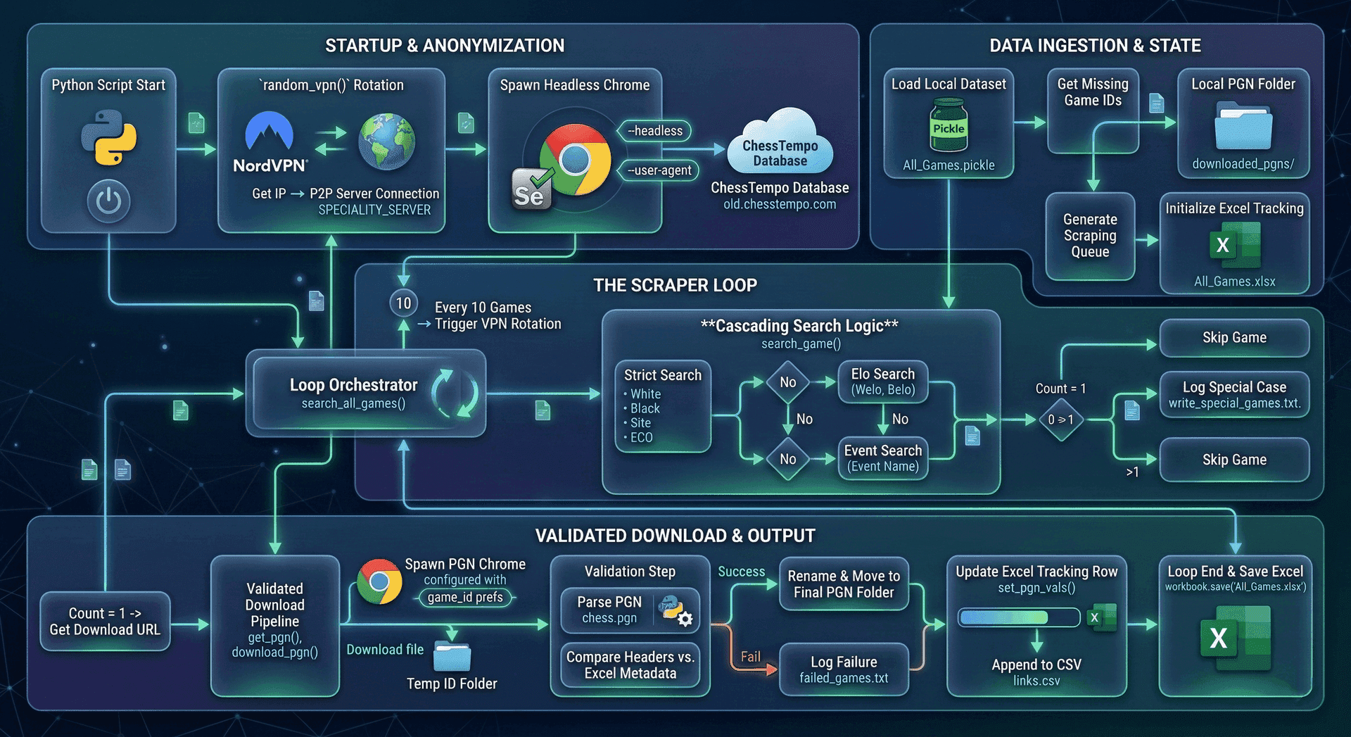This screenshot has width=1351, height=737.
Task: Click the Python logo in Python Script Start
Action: tap(108, 137)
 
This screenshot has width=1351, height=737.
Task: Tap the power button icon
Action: tap(108, 201)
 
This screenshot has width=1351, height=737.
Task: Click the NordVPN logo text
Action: tap(270, 165)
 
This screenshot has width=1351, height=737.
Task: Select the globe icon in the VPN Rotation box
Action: tap(386, 141)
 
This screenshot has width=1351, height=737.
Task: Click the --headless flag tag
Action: tap(654, 131)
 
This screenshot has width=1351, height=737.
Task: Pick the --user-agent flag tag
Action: tap(659, 170)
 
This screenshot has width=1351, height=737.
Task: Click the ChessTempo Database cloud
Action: tap(780, 144)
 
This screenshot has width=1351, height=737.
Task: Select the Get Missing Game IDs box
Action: tap(1092, 109)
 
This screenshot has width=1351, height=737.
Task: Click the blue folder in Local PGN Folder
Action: tap(1243, 127)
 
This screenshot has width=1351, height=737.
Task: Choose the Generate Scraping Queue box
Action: tap(1089, 236)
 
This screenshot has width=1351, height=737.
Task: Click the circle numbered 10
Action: tap(403, 303)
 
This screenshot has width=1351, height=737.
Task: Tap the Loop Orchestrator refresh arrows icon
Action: tap(455, 393)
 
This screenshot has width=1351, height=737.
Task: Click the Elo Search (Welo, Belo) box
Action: tap(882, 382)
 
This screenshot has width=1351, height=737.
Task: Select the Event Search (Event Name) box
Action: tap(882, 458)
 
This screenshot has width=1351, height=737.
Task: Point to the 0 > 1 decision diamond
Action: tap(1060, 420)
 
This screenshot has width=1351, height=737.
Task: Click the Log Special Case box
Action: tap(1233, 394)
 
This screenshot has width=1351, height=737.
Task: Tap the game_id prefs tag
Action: tap(465, 598)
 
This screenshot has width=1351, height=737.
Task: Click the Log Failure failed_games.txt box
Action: tap(843, 669)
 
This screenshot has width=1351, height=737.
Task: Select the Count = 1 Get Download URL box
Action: tap(105, 621)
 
